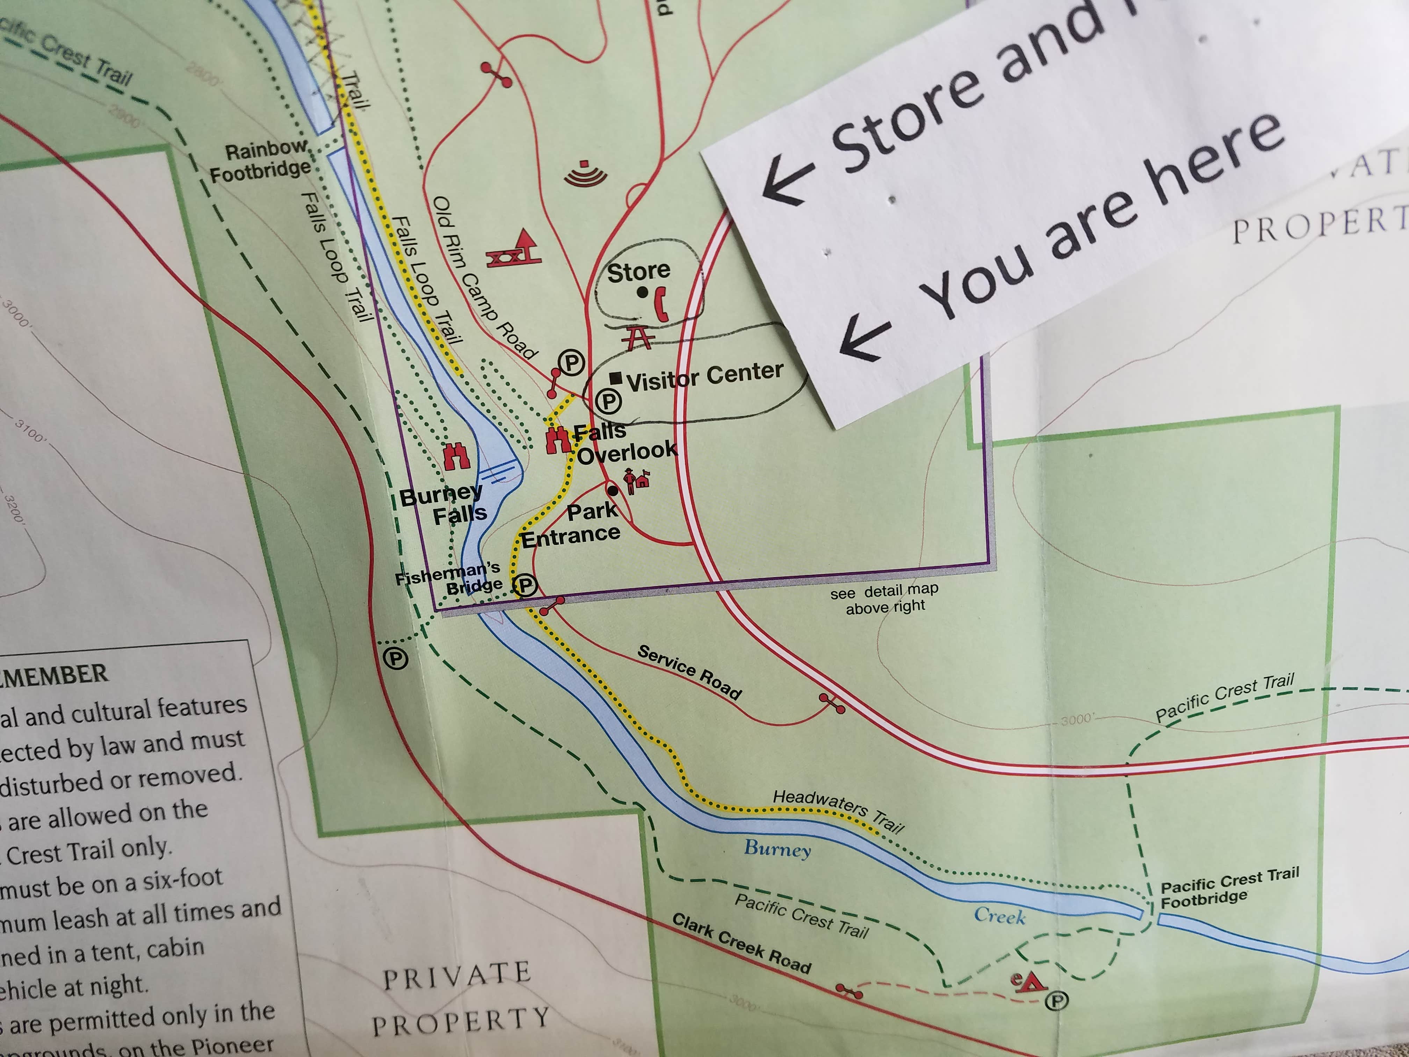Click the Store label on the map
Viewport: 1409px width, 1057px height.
coord(638,272)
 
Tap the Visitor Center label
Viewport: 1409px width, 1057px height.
coord(704,376)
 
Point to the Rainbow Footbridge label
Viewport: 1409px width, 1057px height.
coord(261,160)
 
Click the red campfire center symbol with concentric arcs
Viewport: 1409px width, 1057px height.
coord(585,174)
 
